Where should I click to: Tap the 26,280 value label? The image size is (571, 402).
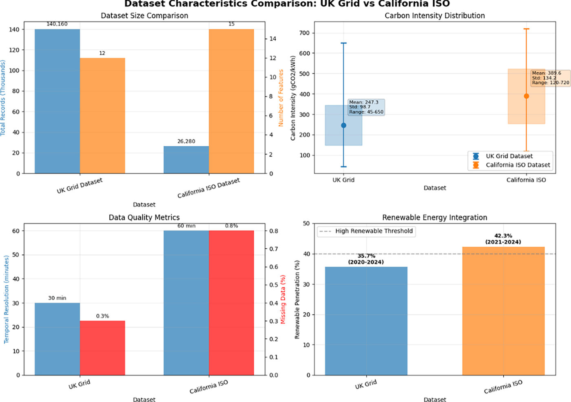pos(186,141)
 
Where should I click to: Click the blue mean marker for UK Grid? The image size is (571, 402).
pos(343,125)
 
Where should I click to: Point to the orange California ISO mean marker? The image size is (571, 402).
pos(526,96)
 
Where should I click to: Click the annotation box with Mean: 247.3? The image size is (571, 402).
pos(366,107)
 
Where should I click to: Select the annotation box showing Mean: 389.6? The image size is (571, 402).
pos(550,78)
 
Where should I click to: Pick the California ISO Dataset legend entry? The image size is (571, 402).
pos(518,165)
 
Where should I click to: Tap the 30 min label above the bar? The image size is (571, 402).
pos(57,298)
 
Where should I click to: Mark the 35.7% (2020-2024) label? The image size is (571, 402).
pos(366,259)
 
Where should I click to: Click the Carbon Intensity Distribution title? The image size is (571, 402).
pos(435,16)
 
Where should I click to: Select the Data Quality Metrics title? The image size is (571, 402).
pos(144,217)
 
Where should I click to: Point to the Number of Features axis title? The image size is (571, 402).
pos(281,98)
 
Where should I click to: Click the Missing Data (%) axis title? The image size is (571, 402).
pos(283,299)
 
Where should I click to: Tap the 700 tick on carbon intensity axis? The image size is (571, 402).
pos(304,33)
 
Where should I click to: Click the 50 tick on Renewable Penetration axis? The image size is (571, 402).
pos(306,223)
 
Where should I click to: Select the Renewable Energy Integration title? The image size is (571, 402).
pos(434,217)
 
